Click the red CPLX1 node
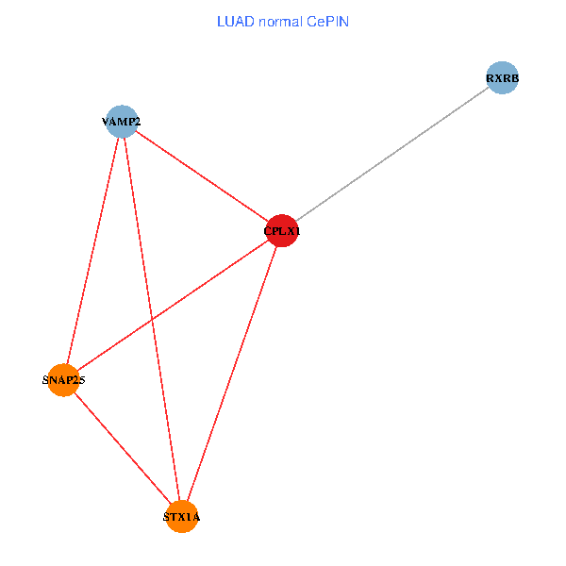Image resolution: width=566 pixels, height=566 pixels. [x=282, y=230]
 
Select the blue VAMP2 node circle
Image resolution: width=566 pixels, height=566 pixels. [x=122, y=121]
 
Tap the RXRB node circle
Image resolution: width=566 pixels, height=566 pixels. [x=503, y=77]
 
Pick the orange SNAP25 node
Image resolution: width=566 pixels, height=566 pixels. [x=62, y=380]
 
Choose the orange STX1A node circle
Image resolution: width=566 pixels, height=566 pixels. [x=182, y=517]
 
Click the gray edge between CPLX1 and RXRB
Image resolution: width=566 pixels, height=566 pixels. [x=392, y=154]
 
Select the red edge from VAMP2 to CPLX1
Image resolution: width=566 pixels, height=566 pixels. [x=202, y=175]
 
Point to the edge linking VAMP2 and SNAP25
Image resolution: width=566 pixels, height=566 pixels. [x=92, y=250]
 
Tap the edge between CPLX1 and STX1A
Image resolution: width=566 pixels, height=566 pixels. [x=232, y=374]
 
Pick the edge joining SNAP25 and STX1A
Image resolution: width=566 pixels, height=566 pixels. [x=122, y=448]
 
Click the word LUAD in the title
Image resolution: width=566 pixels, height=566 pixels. [x=235, y=21]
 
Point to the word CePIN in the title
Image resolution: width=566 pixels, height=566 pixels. [x=329, y=21]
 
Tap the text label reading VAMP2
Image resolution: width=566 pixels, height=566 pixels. [x=122, y=122]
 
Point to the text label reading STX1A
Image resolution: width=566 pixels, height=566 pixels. [x=182, y=518]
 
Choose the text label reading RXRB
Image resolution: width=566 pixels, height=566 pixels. [x=503, y=78]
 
